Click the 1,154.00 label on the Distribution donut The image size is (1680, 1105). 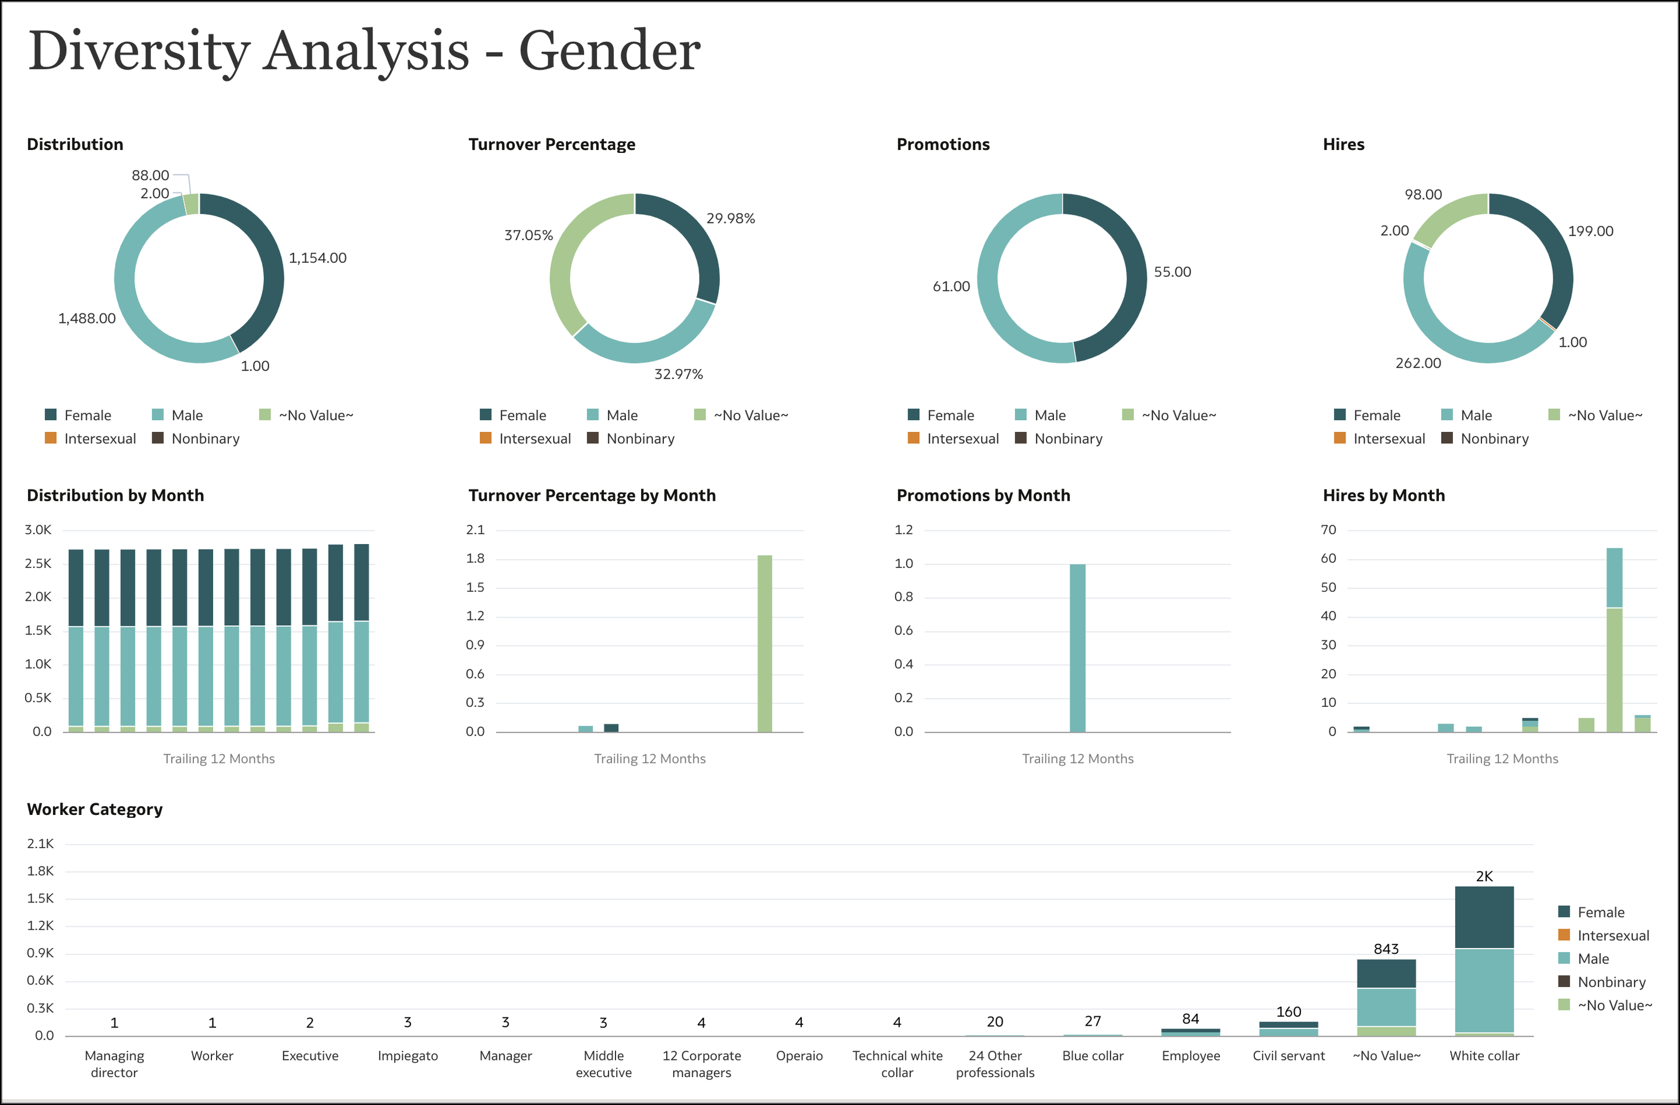point(317,258)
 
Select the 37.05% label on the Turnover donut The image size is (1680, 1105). point(528,236)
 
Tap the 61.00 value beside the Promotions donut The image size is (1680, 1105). point(951,287)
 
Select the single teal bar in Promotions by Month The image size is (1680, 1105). point(1077,648)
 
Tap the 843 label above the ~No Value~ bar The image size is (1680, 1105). point(1386,949)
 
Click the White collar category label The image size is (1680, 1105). point(1484,1055)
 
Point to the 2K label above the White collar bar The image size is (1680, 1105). point(1484,876)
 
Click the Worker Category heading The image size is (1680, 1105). point(95,810)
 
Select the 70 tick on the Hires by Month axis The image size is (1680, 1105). point(1328,530)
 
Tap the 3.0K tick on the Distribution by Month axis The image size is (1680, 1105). point(38,530)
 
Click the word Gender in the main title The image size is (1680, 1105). point(609,51)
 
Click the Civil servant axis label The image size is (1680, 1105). point(1288,1055)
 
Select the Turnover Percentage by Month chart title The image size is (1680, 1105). point(592,496)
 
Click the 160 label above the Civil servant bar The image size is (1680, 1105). point(1288,1012)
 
